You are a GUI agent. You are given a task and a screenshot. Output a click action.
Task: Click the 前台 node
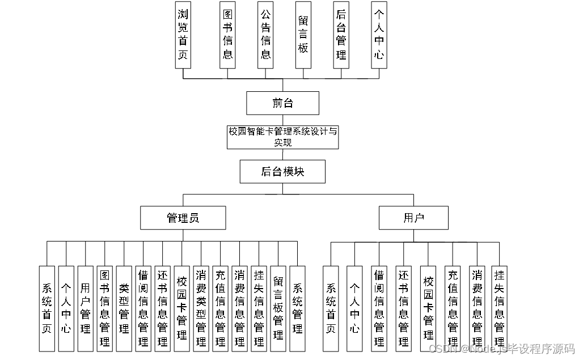pyautogui.click(x=282, y=103)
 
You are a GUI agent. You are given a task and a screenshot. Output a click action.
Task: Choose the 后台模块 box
pyautogui.click(x=282, y=171)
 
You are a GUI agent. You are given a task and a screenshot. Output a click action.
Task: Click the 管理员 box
pyautogui.click(x=183, y=218)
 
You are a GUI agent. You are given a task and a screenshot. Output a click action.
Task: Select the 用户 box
pyautogui.click(x=413, y=218)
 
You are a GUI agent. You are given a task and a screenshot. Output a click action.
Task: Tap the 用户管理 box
pyautogui.click(x=86, y=308)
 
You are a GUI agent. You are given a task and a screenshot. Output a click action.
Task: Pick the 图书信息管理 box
pyautogui.click(x=105, y=308)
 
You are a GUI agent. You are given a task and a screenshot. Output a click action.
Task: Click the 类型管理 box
pyautogui.click(x=124, y=308)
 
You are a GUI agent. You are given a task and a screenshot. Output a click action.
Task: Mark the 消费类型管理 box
pyautogui.click(x=201, y=308)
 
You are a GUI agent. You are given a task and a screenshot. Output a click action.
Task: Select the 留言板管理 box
pyautogui.click(x=278, y=308)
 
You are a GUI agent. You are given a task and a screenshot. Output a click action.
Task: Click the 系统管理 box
pyautogui.click(x=297, y=308)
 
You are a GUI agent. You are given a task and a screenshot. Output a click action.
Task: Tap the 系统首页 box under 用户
pyautogui.click(x=330, y=308)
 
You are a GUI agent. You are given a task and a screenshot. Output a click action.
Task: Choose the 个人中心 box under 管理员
pyautogui.click(x=66, y=308)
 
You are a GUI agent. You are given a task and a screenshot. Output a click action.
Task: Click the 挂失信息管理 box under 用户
pyautogui.click(x=500, y=308)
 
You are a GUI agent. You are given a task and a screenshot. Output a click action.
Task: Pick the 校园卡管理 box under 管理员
pyautogui.click(x=182, y=308)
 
